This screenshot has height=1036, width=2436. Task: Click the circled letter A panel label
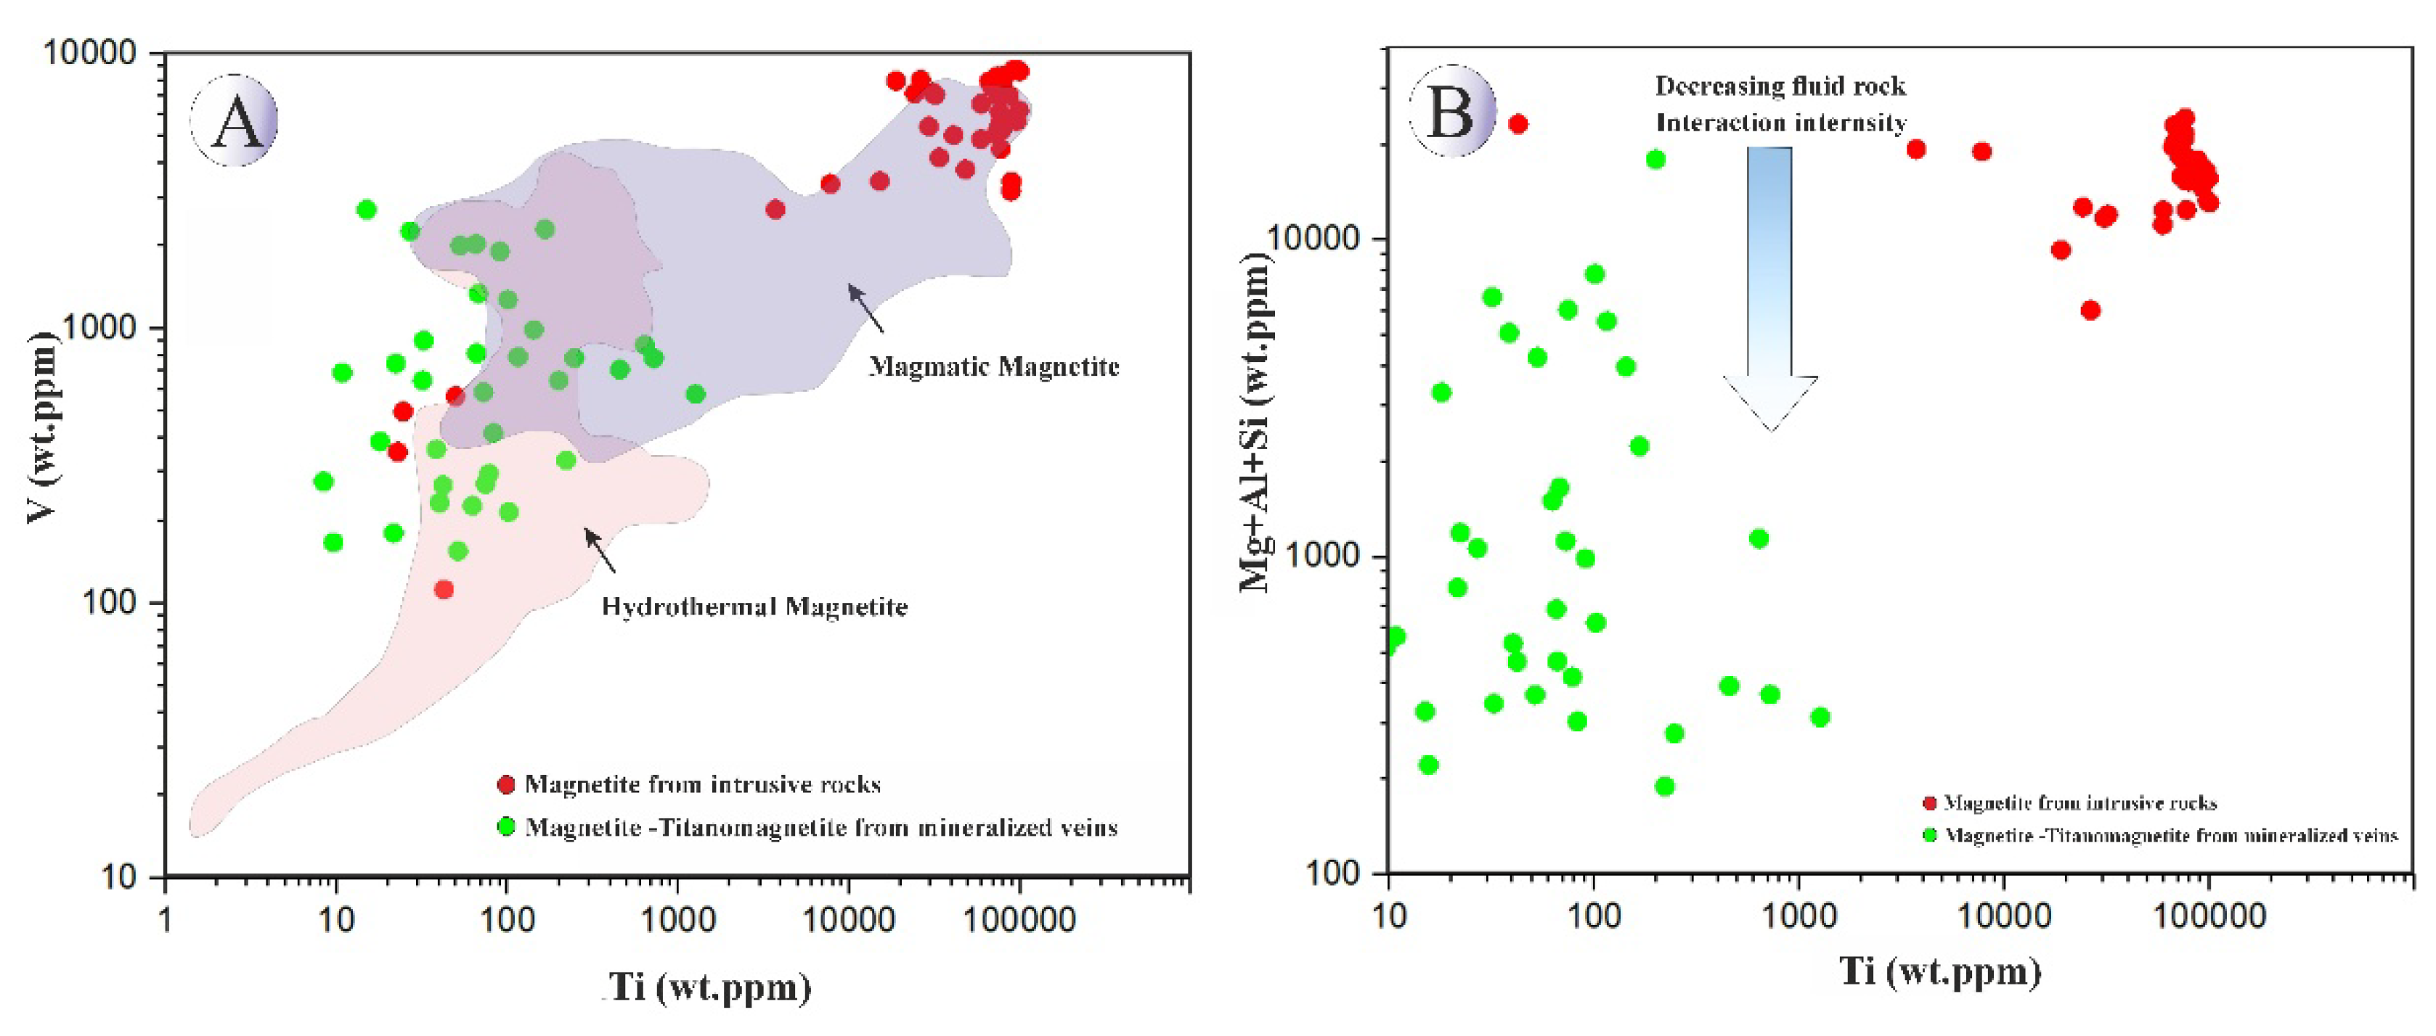[235, 121]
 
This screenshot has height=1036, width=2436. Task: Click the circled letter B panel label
[1451, 112]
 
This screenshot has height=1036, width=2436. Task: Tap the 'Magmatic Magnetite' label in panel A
[994, 367]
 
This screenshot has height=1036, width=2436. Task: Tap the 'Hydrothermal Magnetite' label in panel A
[754, 607]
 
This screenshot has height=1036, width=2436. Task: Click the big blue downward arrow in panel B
[1769, 284]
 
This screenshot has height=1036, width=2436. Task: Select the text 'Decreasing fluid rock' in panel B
[1780, 86]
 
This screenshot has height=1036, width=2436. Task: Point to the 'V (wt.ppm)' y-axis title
[43, 427]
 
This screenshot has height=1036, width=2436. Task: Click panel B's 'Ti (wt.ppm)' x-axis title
[1939, 971]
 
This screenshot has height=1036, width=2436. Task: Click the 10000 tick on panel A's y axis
[90, 53]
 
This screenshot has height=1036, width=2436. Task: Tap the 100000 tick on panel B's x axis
[2209, 915]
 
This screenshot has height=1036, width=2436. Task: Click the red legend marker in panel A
[506, 784]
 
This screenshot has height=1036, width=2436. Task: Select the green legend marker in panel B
[1930, 834]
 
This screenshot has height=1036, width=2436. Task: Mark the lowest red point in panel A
[444, 590]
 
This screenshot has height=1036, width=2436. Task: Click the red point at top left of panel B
[1518, 124]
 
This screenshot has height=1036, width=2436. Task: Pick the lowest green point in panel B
[1664, 786]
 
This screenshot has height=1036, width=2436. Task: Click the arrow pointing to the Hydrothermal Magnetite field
[600, 550]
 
